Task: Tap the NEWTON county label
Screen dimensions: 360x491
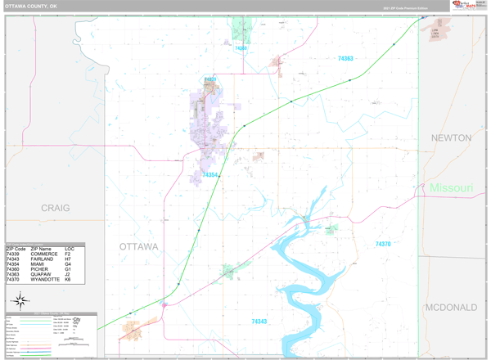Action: coord(451,137)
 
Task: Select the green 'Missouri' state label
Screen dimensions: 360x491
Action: coord(451,188)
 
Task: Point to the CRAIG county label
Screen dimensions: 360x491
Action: coord(55,208)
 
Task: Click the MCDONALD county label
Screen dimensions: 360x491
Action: coord(451,307)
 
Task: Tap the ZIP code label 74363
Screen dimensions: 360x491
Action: coord(345,58)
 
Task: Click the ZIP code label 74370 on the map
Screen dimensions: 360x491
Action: coord(383,244)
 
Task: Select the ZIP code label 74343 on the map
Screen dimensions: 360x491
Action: coord(259,322)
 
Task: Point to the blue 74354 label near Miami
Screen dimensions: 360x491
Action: coord(210,175)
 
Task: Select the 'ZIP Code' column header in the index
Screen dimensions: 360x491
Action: coord(17,248)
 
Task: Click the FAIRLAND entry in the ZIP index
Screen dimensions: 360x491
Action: coord(46,259)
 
